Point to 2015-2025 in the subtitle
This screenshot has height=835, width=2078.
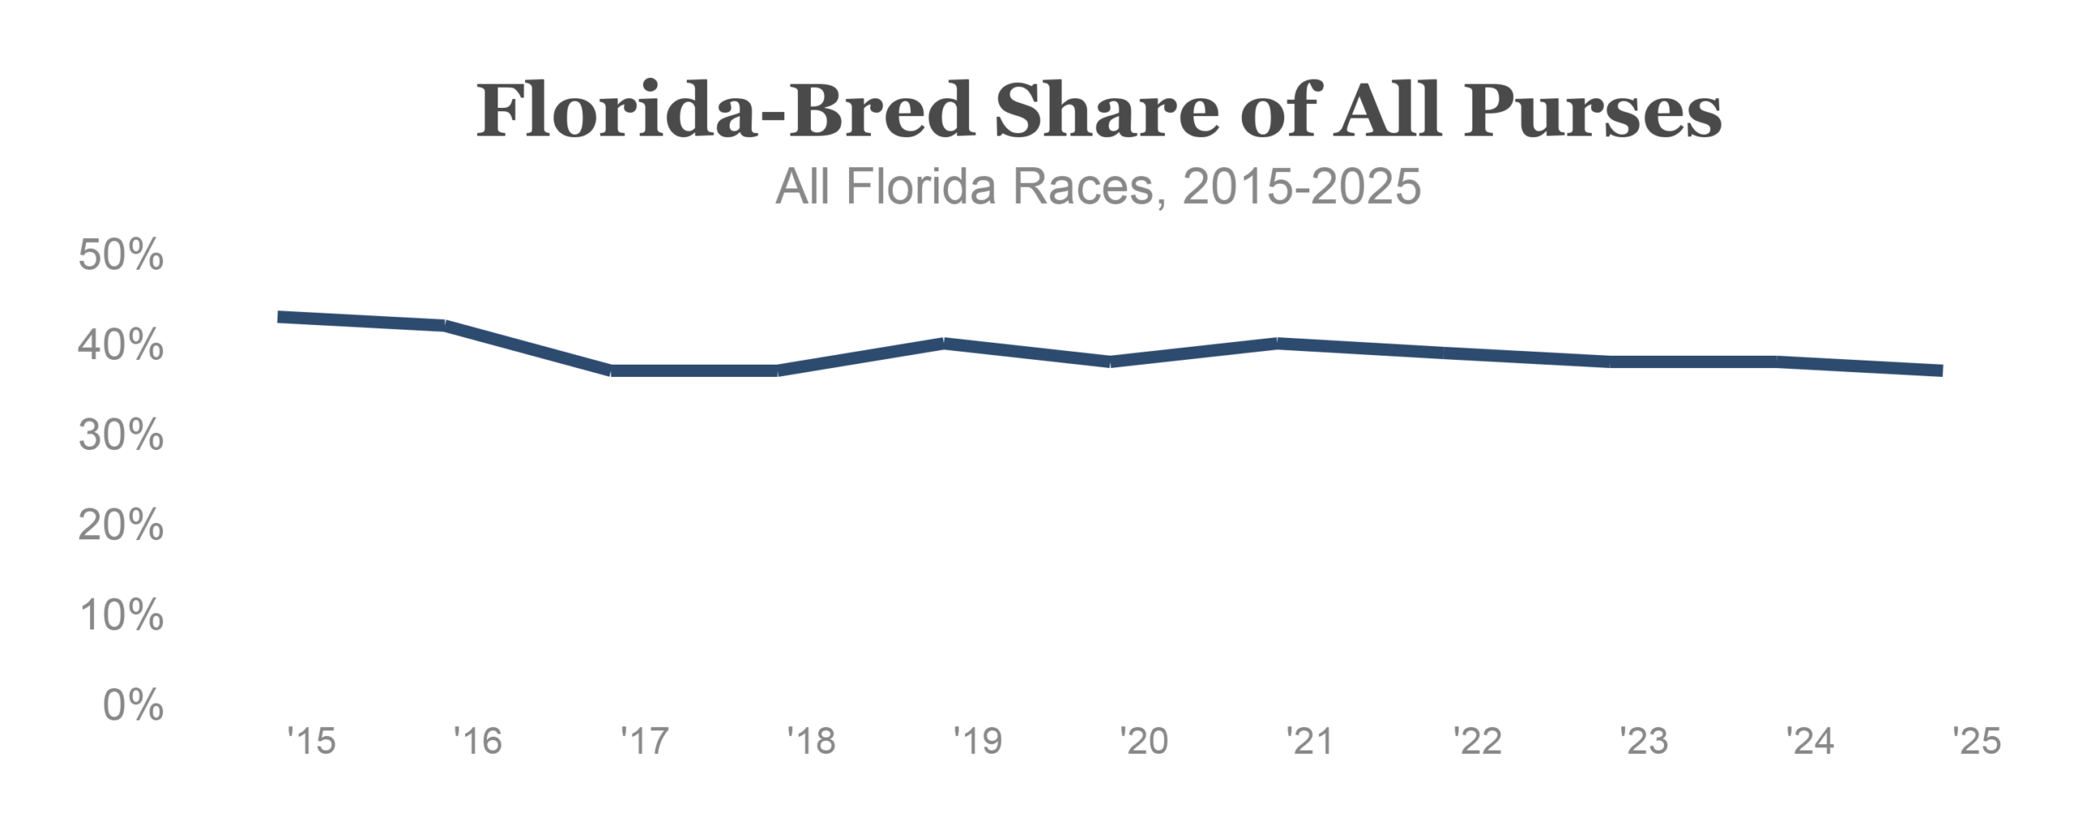tap(1302, 187)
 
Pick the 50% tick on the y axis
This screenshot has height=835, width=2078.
tap(121, 255)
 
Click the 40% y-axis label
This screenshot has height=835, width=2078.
tap(121, 345)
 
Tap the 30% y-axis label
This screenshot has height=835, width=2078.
tap(121, 435)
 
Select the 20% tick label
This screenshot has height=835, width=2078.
tap(121, 526)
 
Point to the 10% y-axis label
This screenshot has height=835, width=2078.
tap(121, 616)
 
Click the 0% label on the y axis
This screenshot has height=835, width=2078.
tap(133, 705)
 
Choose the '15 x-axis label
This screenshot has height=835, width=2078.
tap(311, 742)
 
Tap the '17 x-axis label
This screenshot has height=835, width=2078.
tap(645, 742)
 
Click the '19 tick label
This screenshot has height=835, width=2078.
tap(977, 742)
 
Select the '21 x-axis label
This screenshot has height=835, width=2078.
tap(1310, 742)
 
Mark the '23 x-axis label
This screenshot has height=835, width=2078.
tap(1644, 742)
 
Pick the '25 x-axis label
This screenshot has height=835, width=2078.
tap(1977, 742)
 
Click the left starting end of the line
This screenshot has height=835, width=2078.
tap(279, 317)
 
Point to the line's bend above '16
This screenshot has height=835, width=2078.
tap(445, 326)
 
